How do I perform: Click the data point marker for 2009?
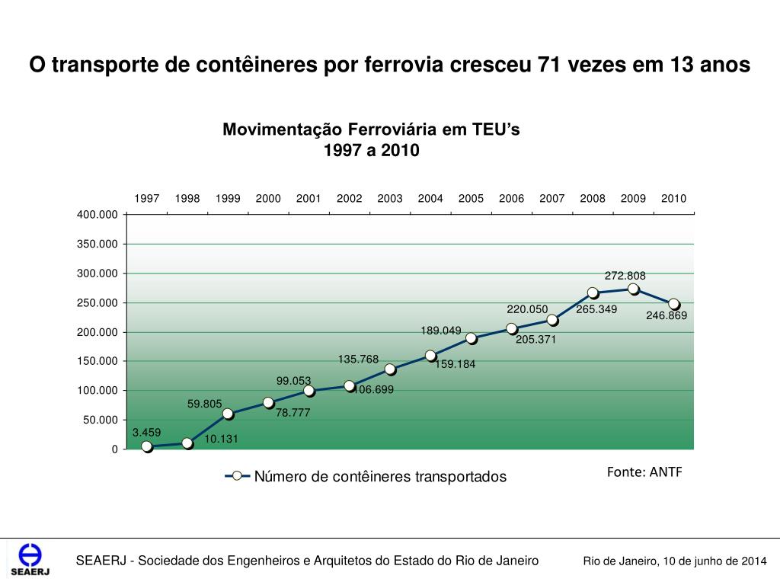tap(633, 289)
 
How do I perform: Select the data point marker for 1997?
tap(147, 446)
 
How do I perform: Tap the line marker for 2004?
tap(430, 356)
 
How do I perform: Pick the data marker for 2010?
tap(673, 304)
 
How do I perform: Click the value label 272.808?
tap(625, 275)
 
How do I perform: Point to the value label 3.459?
tap(146, 432)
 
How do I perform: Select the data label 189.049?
tap(441, 330)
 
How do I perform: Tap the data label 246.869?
tap(667, 315)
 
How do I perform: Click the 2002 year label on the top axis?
tap(350, 199)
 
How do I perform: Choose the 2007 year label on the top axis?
tap(552, 199)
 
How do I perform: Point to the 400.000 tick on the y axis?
tap(97, 215)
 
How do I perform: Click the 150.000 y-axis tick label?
tap(97, 361)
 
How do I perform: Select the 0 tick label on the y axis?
tap(115, 449)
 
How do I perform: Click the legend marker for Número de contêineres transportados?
tap(238, 476)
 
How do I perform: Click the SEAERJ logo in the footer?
tap(30, 561)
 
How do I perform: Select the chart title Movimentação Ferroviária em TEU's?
tap(371, 129)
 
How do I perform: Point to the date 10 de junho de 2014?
tap(714, 561)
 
